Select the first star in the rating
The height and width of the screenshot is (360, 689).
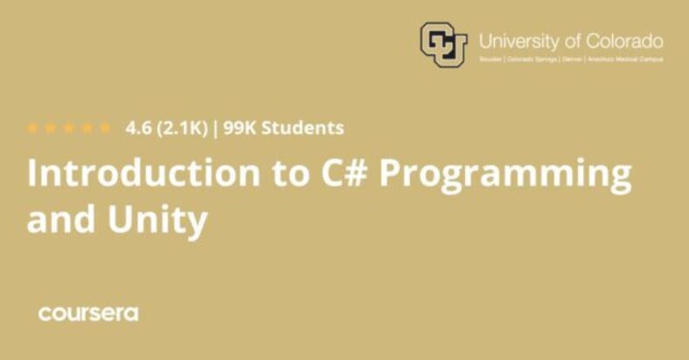[33, 128]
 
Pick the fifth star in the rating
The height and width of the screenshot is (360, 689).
[105, 128]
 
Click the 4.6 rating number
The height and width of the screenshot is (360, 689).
[138, 128]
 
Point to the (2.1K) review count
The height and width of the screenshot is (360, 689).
[182, 128]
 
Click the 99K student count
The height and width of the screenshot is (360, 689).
[241, 128]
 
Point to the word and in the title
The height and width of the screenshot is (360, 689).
[59, 219]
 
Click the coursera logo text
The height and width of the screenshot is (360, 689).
[87, 314]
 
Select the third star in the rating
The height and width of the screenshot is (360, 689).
[69, 128]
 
